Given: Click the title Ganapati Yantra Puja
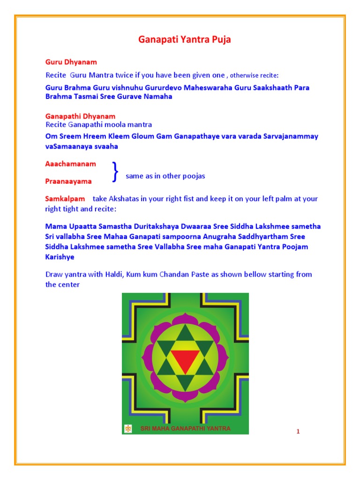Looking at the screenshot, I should tap(184, 40).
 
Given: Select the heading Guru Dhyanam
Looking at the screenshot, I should tap(71, 62).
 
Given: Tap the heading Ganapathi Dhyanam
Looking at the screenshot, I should tap(80, 116).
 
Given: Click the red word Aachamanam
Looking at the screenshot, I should tap(70, 164).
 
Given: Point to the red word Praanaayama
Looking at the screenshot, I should tap(68, 181).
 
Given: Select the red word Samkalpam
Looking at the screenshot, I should tap(65, 199).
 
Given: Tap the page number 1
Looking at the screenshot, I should tap(298, 431).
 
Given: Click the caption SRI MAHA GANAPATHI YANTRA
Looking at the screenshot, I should tap(186, 428).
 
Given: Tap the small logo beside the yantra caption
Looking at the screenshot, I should tap(128, 428).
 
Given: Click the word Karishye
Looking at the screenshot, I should tap(60, 257).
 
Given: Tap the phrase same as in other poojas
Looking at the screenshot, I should tap(165, 176).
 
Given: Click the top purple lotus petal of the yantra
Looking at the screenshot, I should tap(185, 320).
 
